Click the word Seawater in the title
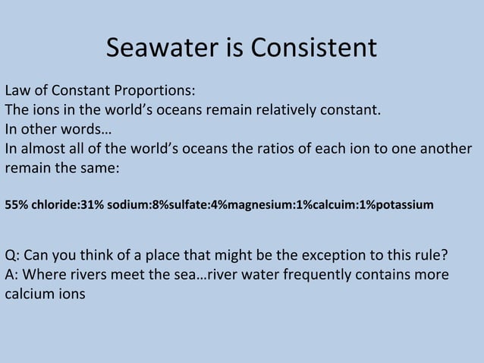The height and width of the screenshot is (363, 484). [161, 48]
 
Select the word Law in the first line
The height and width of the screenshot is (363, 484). [18, 90]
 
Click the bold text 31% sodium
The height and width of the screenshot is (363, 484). [108, 205]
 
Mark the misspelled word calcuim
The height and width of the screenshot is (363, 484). [310, 205]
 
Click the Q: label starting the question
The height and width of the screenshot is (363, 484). [12, 254]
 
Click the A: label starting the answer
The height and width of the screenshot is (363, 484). [12, 273]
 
